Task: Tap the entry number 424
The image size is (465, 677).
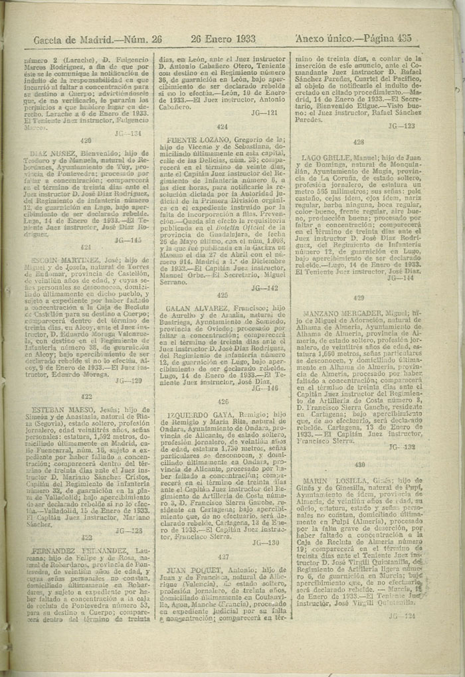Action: click(223, 126)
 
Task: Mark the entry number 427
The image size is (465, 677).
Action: click(223, 556)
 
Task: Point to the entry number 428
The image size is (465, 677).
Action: click(359, 142)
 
